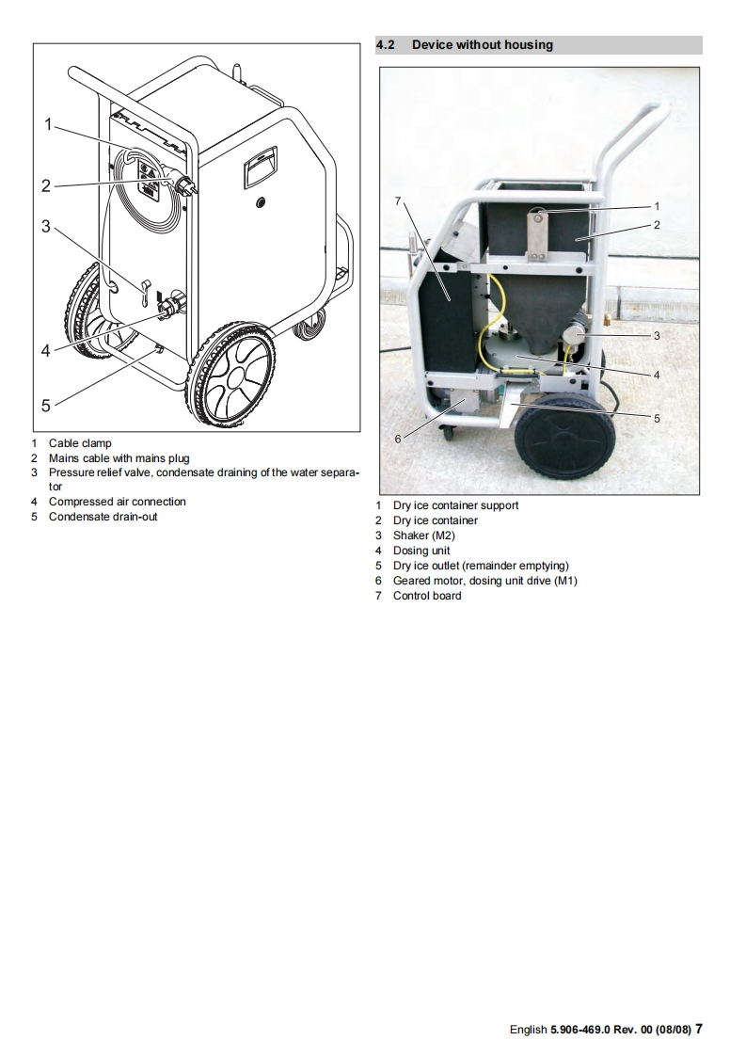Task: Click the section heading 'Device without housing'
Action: (482, 45)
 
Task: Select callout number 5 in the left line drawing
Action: (45, 406)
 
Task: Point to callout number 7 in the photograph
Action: (399, 200)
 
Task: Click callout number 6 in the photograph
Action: (398, 439)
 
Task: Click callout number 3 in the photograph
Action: (657, 334)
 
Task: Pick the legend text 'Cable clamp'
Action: (80, 443)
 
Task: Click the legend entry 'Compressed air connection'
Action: (117, 502)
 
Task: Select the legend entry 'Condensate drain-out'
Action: (103, 517)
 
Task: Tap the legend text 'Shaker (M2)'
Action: (423, 536)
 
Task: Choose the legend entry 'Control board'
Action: (427, 596)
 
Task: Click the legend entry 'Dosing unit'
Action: (421, 551)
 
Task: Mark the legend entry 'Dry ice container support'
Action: (455, 505)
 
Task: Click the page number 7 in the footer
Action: (699, 1029)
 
